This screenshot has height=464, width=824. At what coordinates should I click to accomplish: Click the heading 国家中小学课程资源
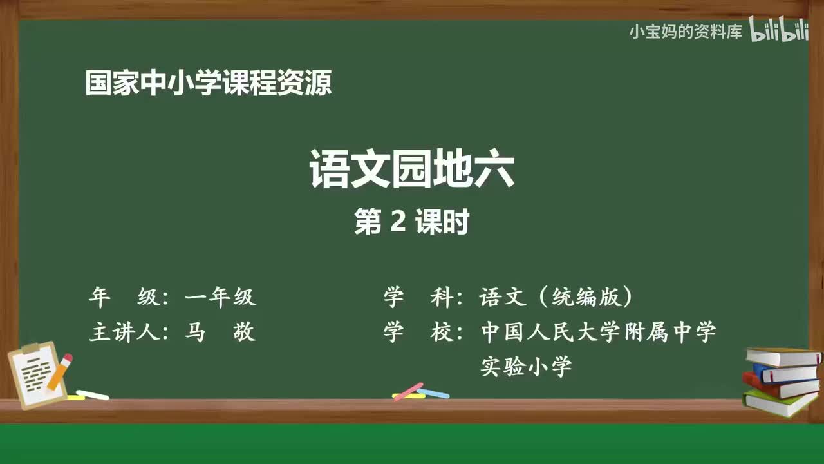209,84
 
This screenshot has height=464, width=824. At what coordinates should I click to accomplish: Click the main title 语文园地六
411,169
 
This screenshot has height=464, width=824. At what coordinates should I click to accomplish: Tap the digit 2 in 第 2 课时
398,223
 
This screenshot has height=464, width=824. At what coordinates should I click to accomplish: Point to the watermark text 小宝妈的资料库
685,32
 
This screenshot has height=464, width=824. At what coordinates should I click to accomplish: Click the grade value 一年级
220,297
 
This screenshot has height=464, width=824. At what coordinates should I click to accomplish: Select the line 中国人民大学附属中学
599,333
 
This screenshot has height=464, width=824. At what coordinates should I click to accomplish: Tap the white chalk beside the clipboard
93,394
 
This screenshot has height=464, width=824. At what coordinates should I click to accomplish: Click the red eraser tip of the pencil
67,358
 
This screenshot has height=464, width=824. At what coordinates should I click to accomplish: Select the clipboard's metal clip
31,349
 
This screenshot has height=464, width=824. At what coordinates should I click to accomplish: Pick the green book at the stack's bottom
780,403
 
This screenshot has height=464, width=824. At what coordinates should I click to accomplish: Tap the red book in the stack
780,387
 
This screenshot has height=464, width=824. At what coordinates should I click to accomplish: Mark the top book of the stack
782,357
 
